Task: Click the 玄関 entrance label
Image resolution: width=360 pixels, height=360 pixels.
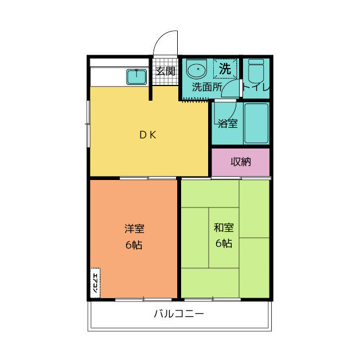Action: (165, 71)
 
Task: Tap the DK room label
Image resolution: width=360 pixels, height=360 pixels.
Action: (148, 134)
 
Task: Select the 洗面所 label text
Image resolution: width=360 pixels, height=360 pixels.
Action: (207, 87)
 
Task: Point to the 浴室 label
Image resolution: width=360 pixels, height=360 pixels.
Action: (228, 123)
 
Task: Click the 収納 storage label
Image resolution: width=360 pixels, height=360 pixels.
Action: (241, 162)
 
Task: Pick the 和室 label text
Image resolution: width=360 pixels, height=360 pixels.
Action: (223, 228)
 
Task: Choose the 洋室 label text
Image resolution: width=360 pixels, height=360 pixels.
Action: (134, 229)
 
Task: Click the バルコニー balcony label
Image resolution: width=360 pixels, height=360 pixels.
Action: (179, 314)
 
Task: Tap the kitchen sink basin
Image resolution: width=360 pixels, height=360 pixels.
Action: (137, 76)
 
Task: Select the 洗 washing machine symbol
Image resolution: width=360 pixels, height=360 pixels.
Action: (225, 69)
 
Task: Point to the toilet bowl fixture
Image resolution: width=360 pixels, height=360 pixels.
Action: (256, 72)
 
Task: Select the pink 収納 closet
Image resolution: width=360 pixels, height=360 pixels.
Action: (241, 162)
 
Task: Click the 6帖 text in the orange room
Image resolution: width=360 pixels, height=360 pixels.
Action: (134, 245)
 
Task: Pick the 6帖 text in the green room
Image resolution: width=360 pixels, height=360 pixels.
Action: (223, 244)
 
